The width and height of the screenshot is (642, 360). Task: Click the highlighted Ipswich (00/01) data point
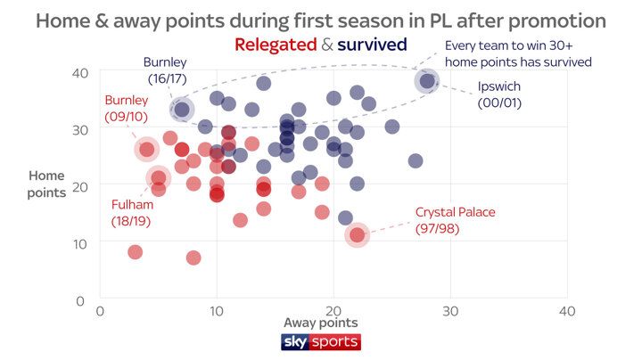coord(427,82)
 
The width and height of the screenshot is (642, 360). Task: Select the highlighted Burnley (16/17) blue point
coord(182,110)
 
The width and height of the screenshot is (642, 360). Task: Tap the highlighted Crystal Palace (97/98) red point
coord(358,235)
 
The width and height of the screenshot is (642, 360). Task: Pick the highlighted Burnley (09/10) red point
coord(147,149)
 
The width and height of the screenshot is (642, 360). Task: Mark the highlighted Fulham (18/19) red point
coord(158,178)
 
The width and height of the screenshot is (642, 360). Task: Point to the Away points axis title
coord(320,323)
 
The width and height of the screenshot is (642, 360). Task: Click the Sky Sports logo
coord(320,342)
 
